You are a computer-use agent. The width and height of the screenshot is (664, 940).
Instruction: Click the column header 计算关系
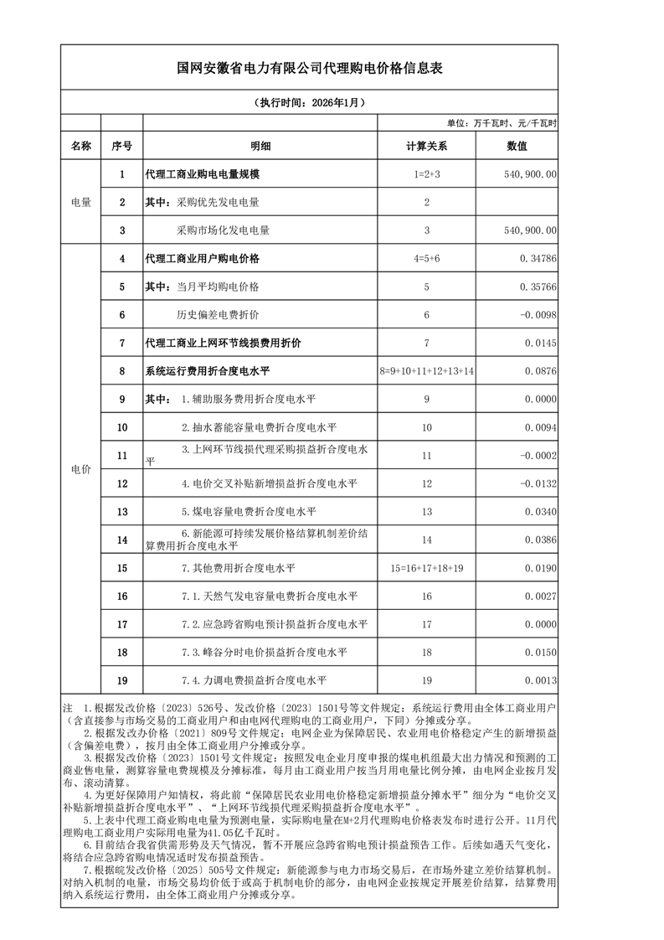[426, 146]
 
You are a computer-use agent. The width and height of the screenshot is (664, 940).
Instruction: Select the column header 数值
[517, 146]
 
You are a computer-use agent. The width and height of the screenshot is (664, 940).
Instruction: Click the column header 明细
[260, 146]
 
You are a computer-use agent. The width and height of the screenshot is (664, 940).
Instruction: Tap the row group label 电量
[81, 202]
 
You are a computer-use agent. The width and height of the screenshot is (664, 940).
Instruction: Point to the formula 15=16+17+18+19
[426, 568]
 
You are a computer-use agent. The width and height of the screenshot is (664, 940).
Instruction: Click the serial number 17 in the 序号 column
[122, 624]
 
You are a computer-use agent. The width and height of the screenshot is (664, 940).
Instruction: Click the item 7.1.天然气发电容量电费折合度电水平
[270, 597]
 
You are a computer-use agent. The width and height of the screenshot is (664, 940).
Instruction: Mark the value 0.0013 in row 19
[541, 680]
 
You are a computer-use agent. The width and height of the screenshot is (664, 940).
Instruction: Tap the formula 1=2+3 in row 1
[426, 174]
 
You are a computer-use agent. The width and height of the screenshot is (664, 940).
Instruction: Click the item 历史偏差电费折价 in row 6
[217, 315]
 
